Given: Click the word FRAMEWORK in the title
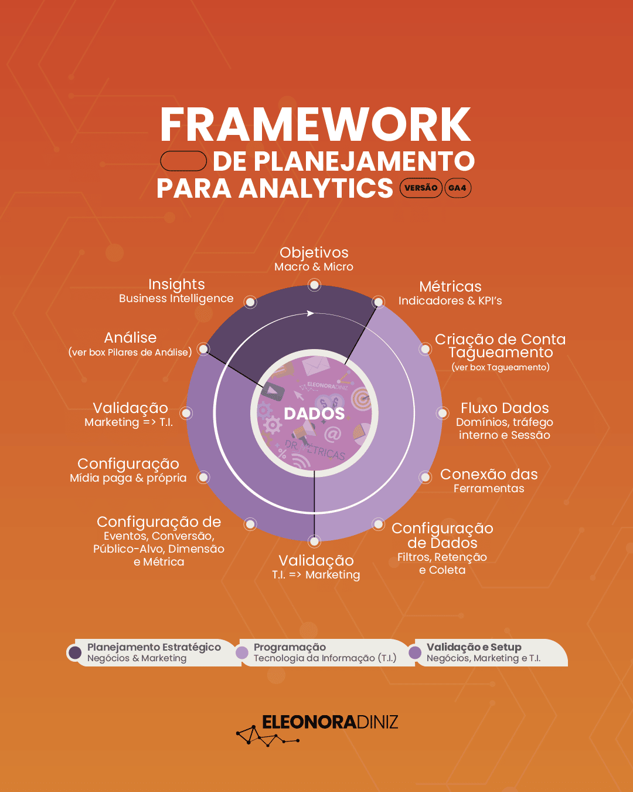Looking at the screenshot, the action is (315, 124).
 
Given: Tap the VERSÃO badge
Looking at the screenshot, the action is (421, 188).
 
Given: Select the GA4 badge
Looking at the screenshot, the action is (458, 188).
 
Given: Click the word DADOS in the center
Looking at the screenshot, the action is (314, 414).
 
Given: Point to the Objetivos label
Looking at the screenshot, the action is (314, 253).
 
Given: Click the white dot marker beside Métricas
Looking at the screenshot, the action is (379, 302).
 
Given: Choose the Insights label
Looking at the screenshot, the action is (176, 285).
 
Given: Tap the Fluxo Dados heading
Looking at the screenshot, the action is (505, 408).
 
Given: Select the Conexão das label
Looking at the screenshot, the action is (489, 475).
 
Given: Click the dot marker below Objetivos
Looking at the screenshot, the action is (315, 285).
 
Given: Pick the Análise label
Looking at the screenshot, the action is (130, 338).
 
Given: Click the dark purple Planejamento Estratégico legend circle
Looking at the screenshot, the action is (75, 652).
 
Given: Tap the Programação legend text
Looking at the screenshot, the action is (290, 647).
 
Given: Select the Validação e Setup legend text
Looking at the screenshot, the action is (474, 647).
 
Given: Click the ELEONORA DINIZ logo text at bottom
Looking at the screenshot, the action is (330, 722).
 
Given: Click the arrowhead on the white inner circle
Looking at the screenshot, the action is (311, 313).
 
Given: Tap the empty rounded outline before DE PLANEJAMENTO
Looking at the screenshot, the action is (183, 161).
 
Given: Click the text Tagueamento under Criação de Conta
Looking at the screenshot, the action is (501, 353).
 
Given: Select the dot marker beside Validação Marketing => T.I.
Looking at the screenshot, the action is (186, 413).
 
